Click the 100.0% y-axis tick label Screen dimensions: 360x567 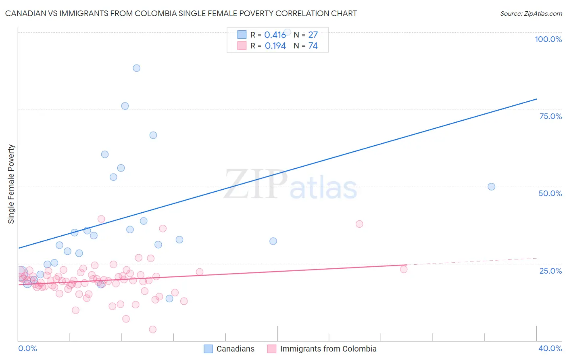pos(548,39)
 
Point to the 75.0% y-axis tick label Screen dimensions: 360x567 pos(550,116)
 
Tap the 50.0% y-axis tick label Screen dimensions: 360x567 pos(550,193)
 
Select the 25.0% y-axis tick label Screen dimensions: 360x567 pos(550,270)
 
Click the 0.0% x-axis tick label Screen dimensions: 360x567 pos(27,348)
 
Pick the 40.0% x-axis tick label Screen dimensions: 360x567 pos(550,348)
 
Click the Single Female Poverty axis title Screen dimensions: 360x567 pos(11,184)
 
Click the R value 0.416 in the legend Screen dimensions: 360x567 pos(275,35)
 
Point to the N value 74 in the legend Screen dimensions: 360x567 pos(313,46)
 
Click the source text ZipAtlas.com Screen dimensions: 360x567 pos(531,14)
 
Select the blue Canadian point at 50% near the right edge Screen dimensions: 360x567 pos(491,186)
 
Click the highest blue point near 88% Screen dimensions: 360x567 pos(137,68)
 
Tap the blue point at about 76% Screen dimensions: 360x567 pos(125,106)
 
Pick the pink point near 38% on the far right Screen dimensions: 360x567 pos(359,224)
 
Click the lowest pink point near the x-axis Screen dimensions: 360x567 pos(152,329)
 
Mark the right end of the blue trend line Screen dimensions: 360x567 pos(536,99)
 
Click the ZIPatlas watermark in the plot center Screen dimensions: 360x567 pos(290,185)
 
